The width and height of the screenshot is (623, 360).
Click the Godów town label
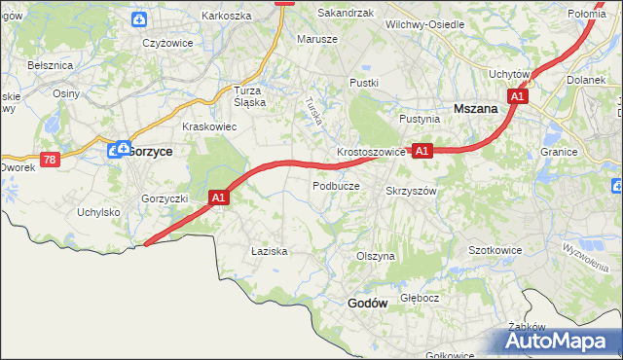(x=368, y=304)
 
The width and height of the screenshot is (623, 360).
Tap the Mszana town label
(x=476, y=110)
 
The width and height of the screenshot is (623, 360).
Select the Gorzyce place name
(x=150, y=152)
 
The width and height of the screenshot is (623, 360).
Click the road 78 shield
(x=50, y=159)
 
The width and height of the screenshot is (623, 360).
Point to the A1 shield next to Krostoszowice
(x=421, y=151)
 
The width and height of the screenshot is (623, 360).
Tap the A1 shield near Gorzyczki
(x=219, y=198)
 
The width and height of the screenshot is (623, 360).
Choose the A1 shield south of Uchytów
(x=519, y=96)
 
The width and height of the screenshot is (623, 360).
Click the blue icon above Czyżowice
(x=140, y=18)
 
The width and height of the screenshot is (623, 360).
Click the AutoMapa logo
(x=558, y=341)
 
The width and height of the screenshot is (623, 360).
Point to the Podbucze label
(x=336, y=185)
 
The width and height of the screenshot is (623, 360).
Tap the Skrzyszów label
(x=411, y=192)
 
